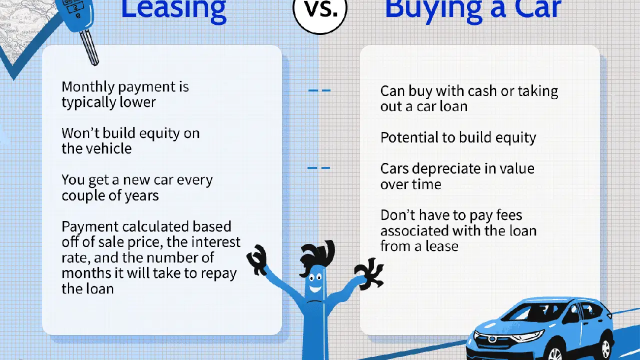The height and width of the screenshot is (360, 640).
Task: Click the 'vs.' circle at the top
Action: point(320,11)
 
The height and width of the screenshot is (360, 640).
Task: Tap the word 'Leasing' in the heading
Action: point(173,10)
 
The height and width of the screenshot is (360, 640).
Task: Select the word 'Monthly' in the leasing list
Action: point(88,87)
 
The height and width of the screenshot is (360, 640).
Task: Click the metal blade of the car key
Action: point(89,47)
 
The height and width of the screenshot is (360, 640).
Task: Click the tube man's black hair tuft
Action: point(317,255)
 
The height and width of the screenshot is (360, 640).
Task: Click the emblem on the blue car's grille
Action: point(492,339)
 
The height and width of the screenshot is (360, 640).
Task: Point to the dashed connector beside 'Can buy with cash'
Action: point(319,90)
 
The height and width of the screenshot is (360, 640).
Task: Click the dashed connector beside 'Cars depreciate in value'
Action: point(318,168)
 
